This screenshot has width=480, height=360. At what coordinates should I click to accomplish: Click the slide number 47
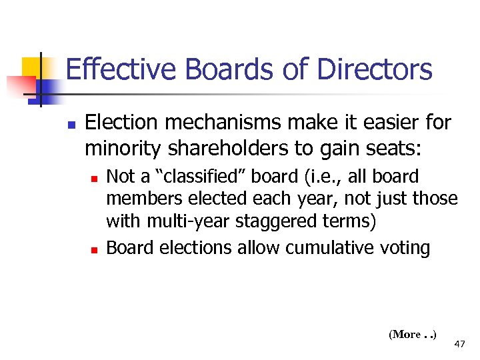(x=459, y=344)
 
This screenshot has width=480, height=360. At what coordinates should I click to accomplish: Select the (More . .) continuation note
(x=412, y=335)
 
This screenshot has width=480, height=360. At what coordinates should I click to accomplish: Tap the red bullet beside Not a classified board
(x=95, y=179)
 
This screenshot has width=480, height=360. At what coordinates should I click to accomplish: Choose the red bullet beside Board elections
(x=95, y=250)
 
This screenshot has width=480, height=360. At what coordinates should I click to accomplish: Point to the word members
(x=138, y=199)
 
